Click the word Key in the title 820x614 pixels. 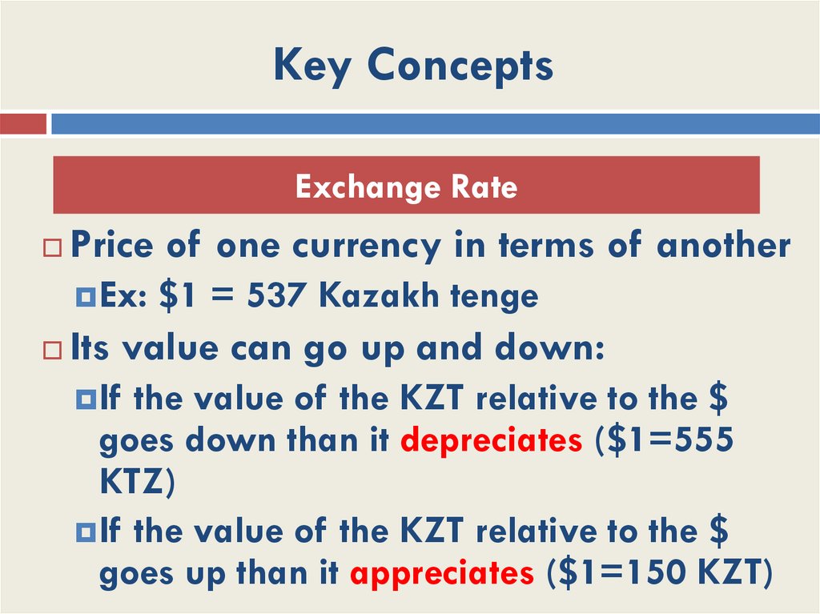pyautogui.click(x=311, y=66)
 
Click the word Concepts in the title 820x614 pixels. pyautogui.click(x=460, y=66)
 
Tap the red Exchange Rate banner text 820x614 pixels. pyautogui.click(x=406, y=187)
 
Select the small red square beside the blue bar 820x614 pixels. pyautogui.click(x=23, y=124)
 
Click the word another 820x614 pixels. pyautogui.click(x=723, y=246)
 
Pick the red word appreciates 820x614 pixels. pyautogui.click(x=442, y=574)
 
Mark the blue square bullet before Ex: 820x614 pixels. pyautogui.click(x=87, y=298)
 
